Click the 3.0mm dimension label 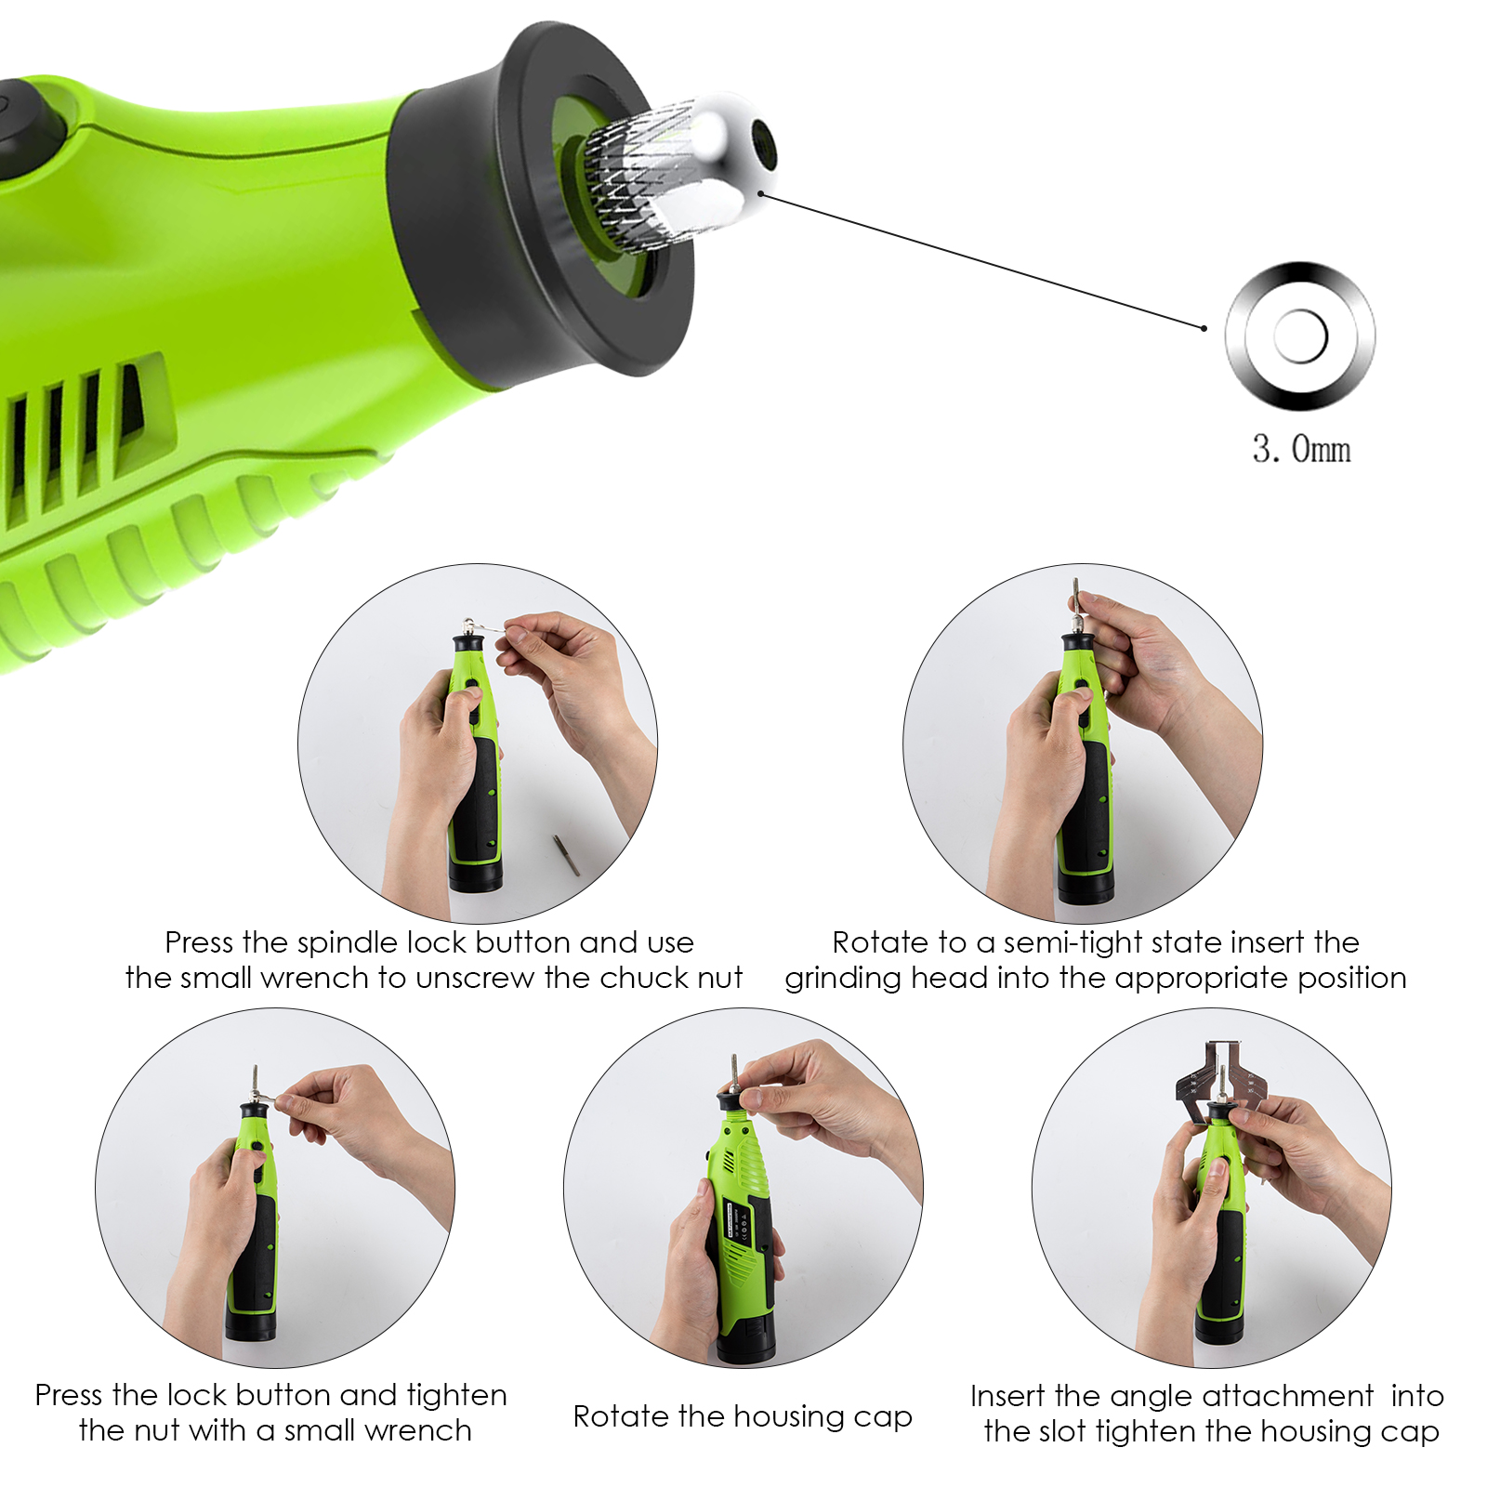click(1301, 449)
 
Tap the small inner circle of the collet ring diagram click(1300, 336)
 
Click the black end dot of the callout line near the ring click(1204, 328)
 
